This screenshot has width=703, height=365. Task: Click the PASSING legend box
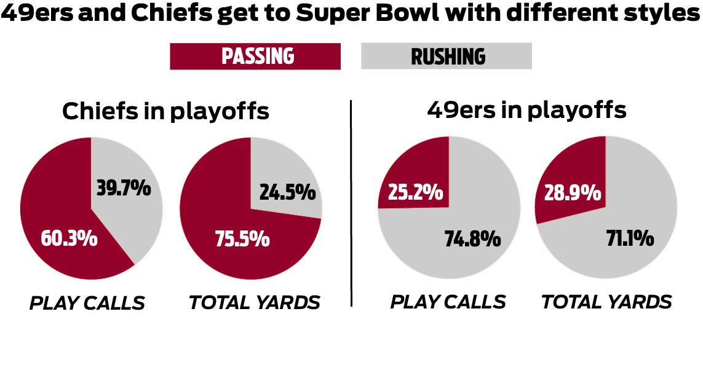coord(255,57)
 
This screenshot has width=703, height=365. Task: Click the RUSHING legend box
coord(446,57)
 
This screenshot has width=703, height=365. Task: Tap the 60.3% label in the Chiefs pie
coord(69,238)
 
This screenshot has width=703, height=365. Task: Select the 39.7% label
coord(124,188)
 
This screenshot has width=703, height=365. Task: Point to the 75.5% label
coord(242,238)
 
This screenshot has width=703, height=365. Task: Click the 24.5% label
coord(288,192)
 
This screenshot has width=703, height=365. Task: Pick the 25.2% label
coord(415,192)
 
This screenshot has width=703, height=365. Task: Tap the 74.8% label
coord(472,238)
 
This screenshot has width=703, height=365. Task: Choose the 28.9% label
coord(573,193)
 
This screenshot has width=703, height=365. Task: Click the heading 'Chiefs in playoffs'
coord(165,111)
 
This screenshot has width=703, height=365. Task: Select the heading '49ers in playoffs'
coord(526,110)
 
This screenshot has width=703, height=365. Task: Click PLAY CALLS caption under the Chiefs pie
coord(87,303)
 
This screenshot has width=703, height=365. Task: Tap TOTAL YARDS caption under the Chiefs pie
coord(255,302)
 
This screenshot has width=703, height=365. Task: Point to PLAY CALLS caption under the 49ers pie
coord(448,302)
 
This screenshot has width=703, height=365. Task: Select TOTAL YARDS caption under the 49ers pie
coord(606,302)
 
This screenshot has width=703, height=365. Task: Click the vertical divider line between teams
coord(351,203)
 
